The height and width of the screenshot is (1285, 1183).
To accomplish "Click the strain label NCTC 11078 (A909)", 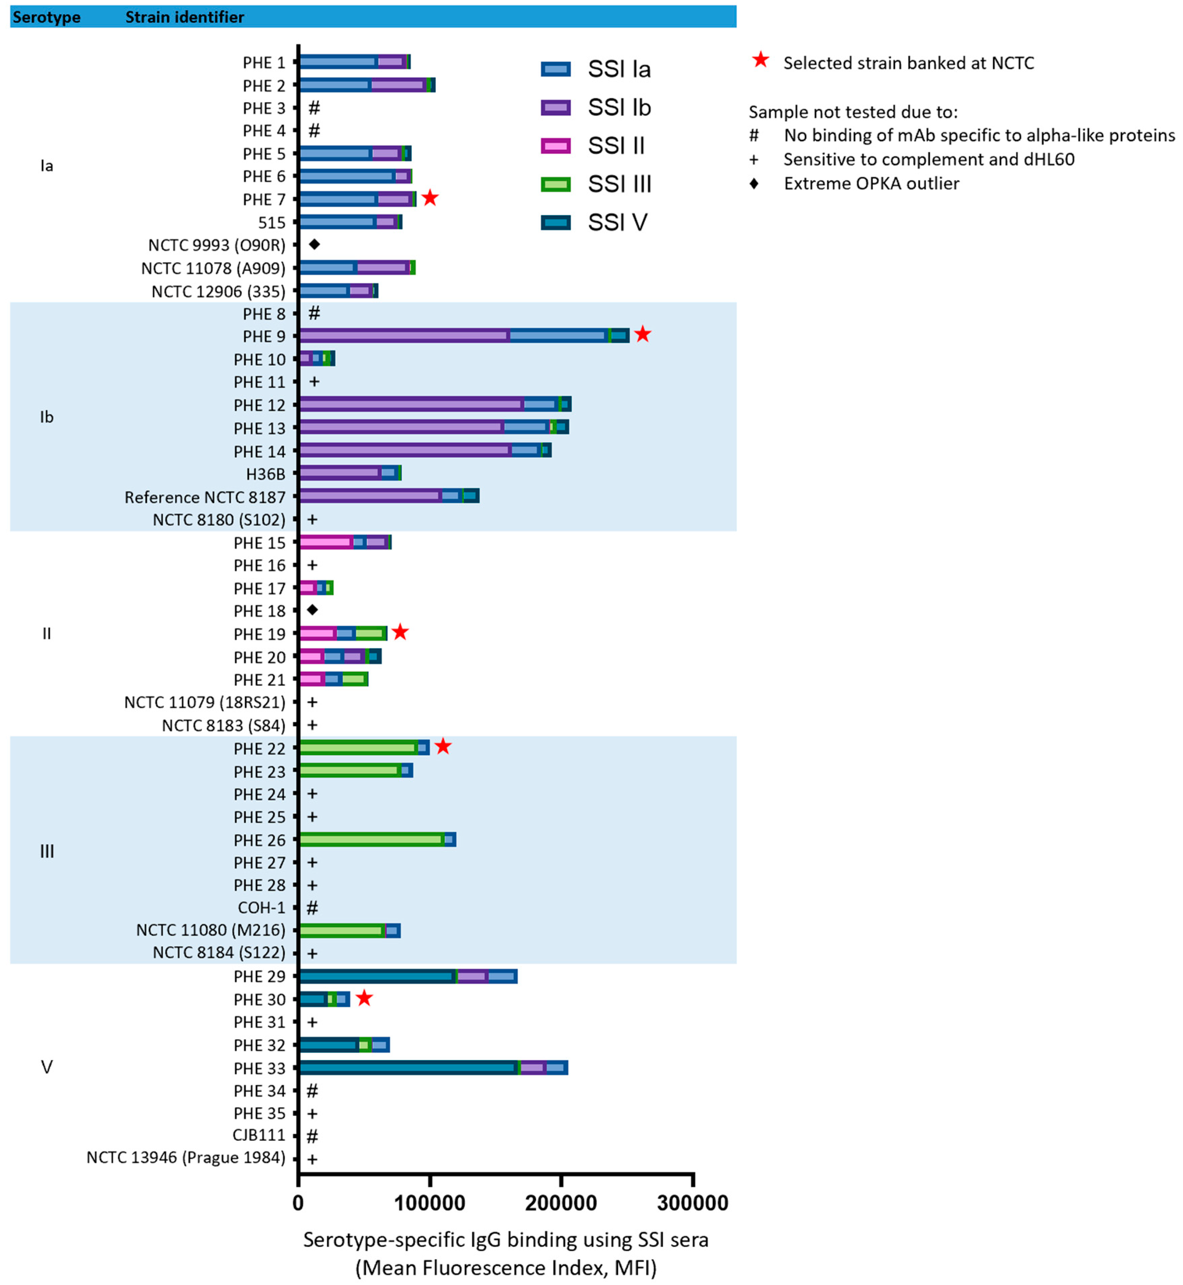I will coord(213,268).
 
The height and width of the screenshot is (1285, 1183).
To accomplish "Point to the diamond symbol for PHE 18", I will coord(313,610).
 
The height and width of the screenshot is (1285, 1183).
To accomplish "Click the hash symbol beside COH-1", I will coord(313,907).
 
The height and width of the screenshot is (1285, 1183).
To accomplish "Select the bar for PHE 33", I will coord(433,1067).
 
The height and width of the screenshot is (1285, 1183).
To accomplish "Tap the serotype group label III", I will coord(47,851).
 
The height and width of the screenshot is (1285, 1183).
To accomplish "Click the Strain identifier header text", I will coord(185,17).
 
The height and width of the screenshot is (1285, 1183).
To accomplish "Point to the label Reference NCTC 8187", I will coord(205,498).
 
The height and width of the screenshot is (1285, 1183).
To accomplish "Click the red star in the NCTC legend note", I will coord(761,61).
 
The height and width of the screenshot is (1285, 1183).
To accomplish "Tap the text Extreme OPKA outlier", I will coord(871,184).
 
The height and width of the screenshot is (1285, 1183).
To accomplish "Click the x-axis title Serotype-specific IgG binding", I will coord(506,1240).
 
